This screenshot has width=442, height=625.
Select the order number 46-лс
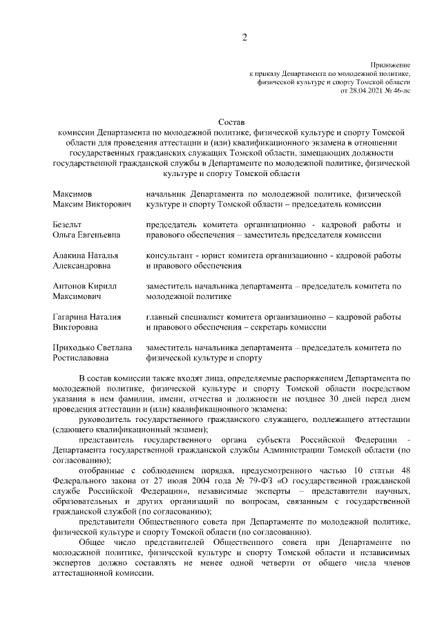pos(400,90)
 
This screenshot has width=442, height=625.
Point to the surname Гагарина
pos(70,317)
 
